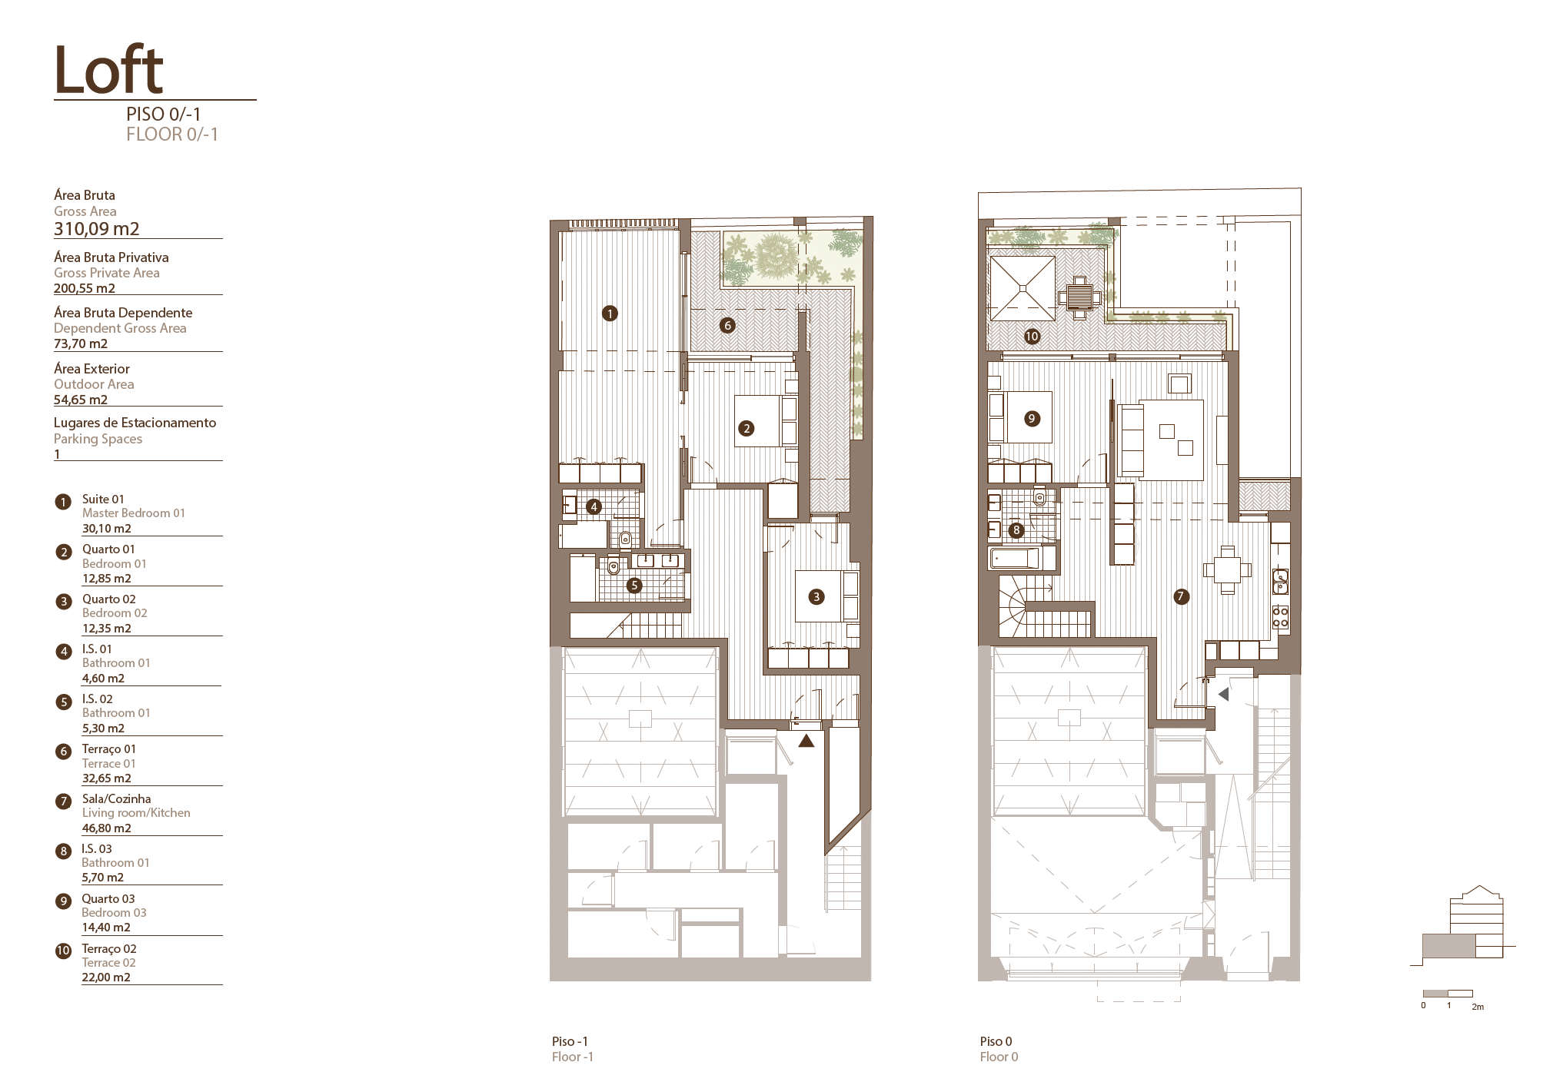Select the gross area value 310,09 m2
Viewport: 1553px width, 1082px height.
pos(97,228)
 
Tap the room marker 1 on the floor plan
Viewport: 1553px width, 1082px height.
pos(610,314)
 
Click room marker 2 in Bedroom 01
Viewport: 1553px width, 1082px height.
pos(746,429)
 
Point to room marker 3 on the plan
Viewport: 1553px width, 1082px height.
pos(816,596)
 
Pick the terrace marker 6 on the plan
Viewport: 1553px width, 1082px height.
pos(727,325)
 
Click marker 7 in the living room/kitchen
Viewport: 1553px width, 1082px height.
pos(1181,596)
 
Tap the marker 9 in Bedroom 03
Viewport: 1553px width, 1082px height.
pos(1032,419)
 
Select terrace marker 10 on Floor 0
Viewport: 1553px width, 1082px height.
pos(1032,336)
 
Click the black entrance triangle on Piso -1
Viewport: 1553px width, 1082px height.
pos(806,742)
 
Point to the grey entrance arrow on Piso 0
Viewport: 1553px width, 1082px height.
pos(1223,694)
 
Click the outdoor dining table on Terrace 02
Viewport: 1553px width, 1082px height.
pos(1079,297)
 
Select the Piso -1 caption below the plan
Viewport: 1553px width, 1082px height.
pos(570,1041)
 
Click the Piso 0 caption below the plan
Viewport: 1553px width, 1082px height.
pos(996,1041)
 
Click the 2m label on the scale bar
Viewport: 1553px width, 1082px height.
pos(1477,1007)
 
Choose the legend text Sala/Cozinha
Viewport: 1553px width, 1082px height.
pos(117,799)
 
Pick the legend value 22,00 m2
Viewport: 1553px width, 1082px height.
pos(106,977)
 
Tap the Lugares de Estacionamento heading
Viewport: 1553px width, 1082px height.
pos(135,423)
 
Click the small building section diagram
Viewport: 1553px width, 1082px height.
pos(1462,926)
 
